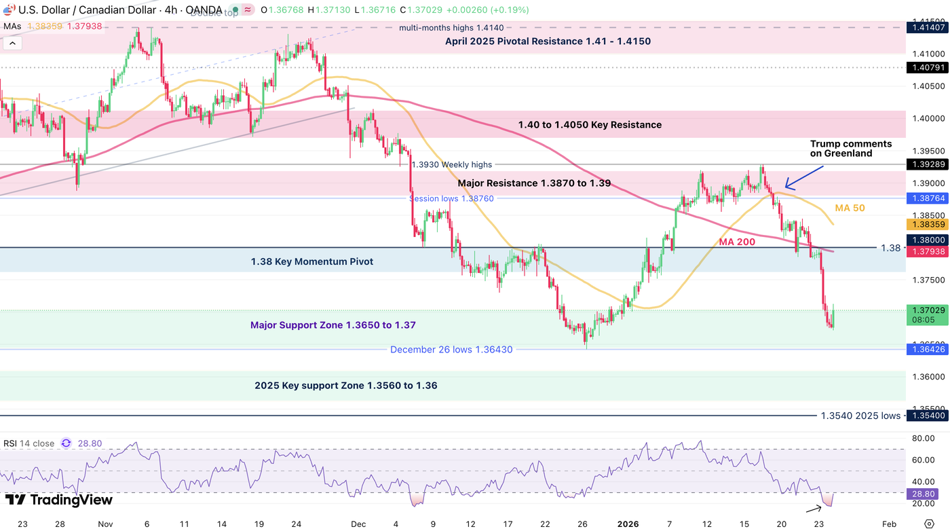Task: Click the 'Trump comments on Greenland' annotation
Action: pos(851,149)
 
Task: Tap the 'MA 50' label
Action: pos(850,208)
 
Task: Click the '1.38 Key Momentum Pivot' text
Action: pos(311,261)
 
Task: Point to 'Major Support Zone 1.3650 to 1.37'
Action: pos(333,325)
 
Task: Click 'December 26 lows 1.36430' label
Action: pos(451,350)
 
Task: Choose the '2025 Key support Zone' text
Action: pos(345,386)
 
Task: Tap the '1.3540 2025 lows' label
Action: pos(860,416)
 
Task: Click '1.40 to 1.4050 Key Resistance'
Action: pos(589,125)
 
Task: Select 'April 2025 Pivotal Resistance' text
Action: pos(548,41)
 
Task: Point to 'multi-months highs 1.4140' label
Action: pos(451,28)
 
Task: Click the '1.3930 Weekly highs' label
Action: pos(452,164)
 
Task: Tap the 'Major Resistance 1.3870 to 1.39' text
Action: pos(534,183)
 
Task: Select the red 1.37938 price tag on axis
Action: pos(927,252)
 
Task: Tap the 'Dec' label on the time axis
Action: pos(358,524)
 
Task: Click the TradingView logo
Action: pos(59,500)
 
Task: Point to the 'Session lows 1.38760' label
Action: pos(451,198)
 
